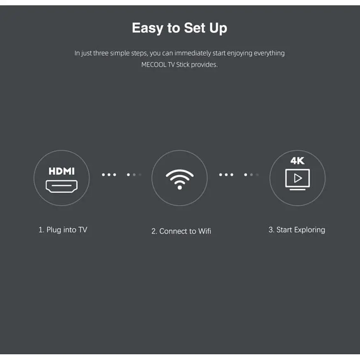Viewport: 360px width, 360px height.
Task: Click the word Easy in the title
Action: click(x=147, y=28)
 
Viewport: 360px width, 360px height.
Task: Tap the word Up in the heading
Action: click(x=218, y=28)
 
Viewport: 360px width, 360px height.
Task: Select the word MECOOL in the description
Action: click(x=153, y=65)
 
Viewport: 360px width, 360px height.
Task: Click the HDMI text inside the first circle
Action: click(x=62, y=171)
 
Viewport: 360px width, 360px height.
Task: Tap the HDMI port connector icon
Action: click(x=62, y=186)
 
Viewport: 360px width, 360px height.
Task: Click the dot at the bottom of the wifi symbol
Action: click(x=180, y=188)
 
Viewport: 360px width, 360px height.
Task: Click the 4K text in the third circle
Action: click(x=297, y=161)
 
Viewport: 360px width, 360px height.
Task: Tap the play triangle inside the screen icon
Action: click(x=298, y=178)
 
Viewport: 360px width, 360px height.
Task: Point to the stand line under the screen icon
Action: click(x=297, y=189)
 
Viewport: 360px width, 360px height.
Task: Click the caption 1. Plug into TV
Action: click(x=63, y=230)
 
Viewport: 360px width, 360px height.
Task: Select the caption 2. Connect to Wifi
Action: click(x=181, y=231)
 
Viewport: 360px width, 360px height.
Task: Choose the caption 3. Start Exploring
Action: click(x=297, y=230)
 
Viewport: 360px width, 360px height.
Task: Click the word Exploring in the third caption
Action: click(x=310, y=230)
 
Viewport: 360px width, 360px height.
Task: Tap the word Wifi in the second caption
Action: click(x=204, y=231)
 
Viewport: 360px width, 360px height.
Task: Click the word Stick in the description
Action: click(x=183, y=65)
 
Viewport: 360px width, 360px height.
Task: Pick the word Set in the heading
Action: click(x=195, y=28)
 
